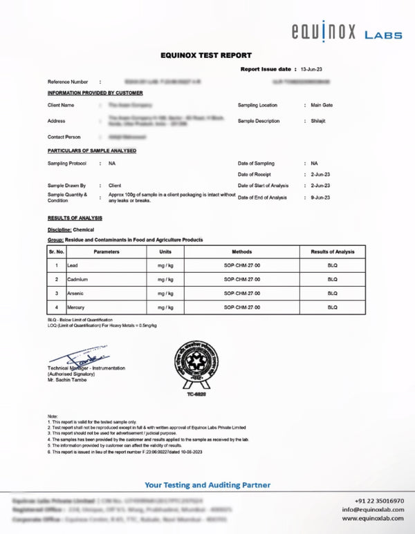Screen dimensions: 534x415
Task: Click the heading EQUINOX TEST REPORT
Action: coord(206,55)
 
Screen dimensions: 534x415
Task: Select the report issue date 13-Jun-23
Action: coord(311,70)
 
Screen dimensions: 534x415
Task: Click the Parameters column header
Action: coord(107,252)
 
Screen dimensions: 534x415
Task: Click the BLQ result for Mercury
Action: coord(333,306)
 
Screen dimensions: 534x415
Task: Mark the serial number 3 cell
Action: coord(56,292)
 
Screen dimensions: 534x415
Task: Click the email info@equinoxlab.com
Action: coord(373,510)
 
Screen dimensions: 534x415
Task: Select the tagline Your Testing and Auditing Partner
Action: coord(207,485)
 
